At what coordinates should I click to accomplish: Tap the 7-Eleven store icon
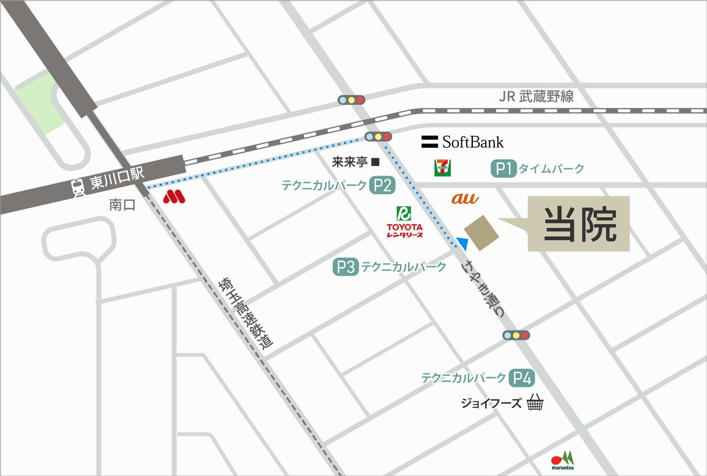pos(442,168)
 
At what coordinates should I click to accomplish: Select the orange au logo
pos(465,199)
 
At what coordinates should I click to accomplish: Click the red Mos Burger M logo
pos(174,197)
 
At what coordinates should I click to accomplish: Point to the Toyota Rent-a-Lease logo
pos(404,222)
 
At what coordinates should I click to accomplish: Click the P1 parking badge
pos(504,168)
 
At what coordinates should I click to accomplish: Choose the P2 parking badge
pos(382,185)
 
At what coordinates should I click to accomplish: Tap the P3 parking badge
pos(346,267)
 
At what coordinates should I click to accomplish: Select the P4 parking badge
pos(522,378)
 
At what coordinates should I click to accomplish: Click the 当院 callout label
pos(578,224)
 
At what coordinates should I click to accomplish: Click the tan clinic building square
pos(481,233)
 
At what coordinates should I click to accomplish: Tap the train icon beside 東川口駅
pos(78,187)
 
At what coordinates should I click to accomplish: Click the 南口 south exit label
pos(122,205)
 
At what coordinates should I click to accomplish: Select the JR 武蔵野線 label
pos(536,96)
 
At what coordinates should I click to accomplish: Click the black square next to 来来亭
pos(375,162)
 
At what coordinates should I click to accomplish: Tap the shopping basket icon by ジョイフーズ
pos(535,402)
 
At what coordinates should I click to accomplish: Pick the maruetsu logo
pos(563,460)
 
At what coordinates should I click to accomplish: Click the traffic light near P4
pos(516,335)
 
